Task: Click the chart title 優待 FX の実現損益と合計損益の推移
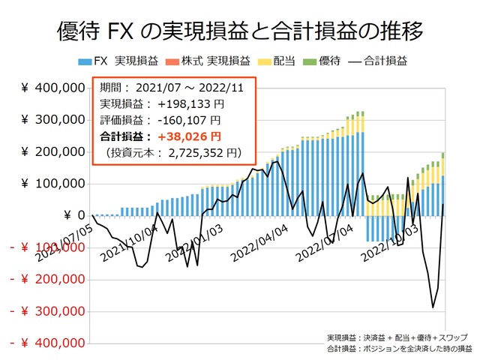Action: click(x=240, y=31)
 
